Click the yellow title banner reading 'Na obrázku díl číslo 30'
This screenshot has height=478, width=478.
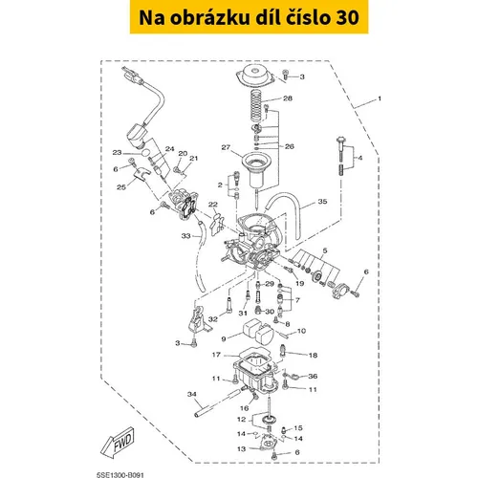tap(249, 17)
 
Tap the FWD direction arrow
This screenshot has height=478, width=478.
tap(118, 441)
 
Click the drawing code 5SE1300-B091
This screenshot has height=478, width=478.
tap(120, 475)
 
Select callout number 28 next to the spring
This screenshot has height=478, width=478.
tap(288, 98)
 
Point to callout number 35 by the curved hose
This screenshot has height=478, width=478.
tap(322, 202)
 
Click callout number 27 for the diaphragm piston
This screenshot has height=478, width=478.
tap(226, 147)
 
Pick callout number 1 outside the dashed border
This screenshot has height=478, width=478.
tap(380, 98)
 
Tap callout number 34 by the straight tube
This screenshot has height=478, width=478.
tap(192, 394)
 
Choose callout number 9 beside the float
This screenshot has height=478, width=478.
tap(224, 339)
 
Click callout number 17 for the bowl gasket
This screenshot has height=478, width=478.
tap(216, 355)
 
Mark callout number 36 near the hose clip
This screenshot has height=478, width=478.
tap(313, 376)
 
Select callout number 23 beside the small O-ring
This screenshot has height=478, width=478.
tap(117, 152)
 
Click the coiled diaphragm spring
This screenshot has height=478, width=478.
tap(257, 105)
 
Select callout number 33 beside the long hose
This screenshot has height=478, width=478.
tap(185, 236)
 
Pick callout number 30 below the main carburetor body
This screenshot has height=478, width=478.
tap(270, 312)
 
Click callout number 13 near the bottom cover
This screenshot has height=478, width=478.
tap(242, 448)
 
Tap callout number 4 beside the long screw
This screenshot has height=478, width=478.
tap(360, 158)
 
